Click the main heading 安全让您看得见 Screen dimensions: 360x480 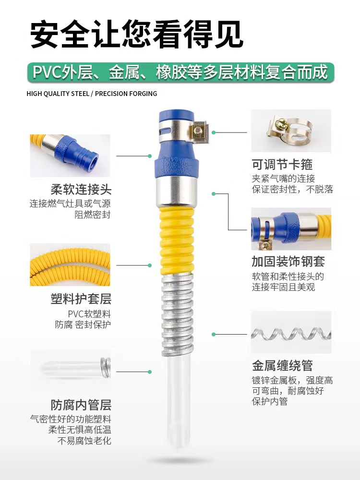pyautogui.click(x=137, y=34)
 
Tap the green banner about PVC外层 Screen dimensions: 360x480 pyautogui.click(x=180, y=72)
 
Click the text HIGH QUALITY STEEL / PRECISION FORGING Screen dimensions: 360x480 pyautogui.click(x=92, y=94)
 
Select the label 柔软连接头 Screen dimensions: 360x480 pyautogui.click(x=81, y=190)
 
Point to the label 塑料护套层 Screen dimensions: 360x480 pyautogui.click(x=81, y=299)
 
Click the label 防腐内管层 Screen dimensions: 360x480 pyautogui.click(x=81, y=405)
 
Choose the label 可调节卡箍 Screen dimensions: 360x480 pyautogui.click(x=282, y=165)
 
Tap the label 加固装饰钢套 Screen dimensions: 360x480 pyautogui.click(x=288, y=262)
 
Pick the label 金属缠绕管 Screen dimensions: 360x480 pyautogui.click(x=282, y=365)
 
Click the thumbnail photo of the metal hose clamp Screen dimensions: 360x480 pyautogui.click(x=291, y=131)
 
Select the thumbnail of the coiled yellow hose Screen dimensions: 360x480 pyautogui.click(x=70, y=265)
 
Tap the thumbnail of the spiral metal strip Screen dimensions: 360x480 pyautogui.click(x=291, y=332)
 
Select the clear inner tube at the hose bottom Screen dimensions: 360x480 pyautogui.click(x=179, y=401)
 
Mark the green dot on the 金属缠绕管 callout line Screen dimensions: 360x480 pyautogui.click(x=214, y=334)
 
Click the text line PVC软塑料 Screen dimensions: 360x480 pyautogui.click(x=89, y=314)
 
